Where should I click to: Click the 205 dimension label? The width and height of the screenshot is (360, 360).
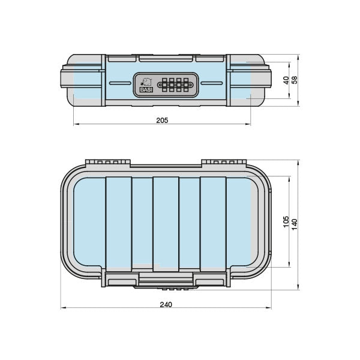162,121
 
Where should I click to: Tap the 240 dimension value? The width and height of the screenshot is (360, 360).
166,304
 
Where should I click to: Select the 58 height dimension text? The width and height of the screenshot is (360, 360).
294,80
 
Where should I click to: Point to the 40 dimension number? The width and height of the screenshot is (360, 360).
286,80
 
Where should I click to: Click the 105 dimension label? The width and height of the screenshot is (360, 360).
286,221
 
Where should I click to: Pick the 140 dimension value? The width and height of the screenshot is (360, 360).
294,224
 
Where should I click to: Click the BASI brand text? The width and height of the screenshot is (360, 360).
146,90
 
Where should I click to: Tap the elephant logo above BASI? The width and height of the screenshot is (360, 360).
146,82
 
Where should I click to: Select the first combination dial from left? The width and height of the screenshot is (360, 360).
164,85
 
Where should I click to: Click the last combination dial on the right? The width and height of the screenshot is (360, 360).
186,85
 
